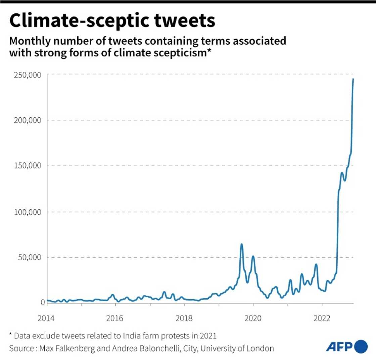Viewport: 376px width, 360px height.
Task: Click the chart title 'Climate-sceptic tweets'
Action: [112, 21]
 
